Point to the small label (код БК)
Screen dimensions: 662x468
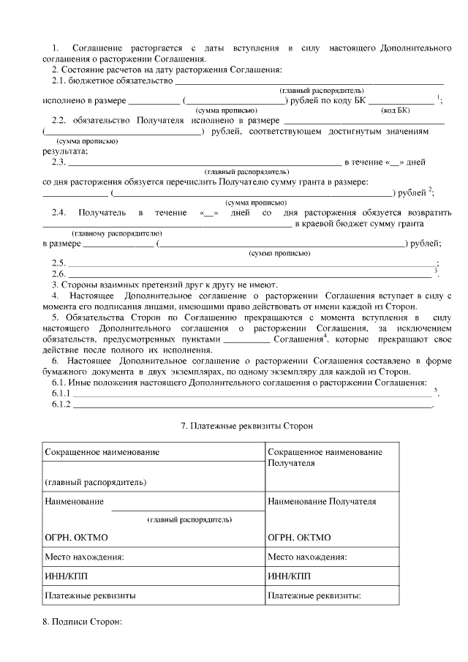coord(396,110)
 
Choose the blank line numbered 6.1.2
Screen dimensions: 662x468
coord(252,405)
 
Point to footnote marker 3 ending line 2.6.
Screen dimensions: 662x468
coord(436,271)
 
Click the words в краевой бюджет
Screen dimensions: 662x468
coord(324,223)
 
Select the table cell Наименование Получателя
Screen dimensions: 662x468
coord(322,502)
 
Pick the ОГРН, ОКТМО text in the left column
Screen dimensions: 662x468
coord(76,537)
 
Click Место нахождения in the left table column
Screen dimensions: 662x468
coord(84,557)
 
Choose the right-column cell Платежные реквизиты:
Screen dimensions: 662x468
coord(315,595)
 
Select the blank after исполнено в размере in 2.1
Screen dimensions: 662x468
coord(154,100)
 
